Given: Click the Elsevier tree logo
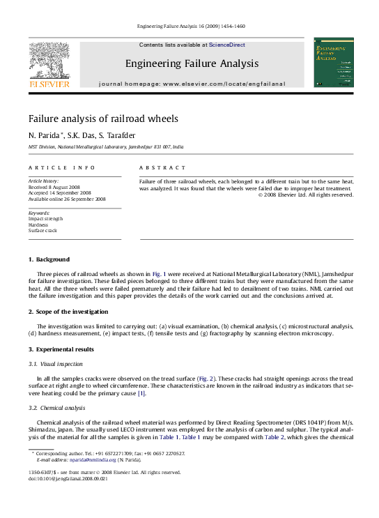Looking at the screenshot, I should coord(48,61).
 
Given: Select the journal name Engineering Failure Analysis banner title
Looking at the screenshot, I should coord(192,63).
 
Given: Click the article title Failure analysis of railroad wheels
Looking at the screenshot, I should coord(103,119).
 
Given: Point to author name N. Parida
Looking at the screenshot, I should coord(45,135).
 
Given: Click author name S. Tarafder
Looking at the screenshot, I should coord(119,135).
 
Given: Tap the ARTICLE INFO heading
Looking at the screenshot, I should coord(61,168).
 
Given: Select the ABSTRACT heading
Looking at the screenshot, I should coord(162,168).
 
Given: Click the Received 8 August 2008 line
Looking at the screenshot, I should coord(55,188).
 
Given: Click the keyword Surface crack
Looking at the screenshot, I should coord(42,230).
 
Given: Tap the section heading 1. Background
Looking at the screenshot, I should coord(49,259).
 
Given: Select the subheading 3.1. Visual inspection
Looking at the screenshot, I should coord(56,364).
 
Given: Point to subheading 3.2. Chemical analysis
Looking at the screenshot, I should coord(58,406).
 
